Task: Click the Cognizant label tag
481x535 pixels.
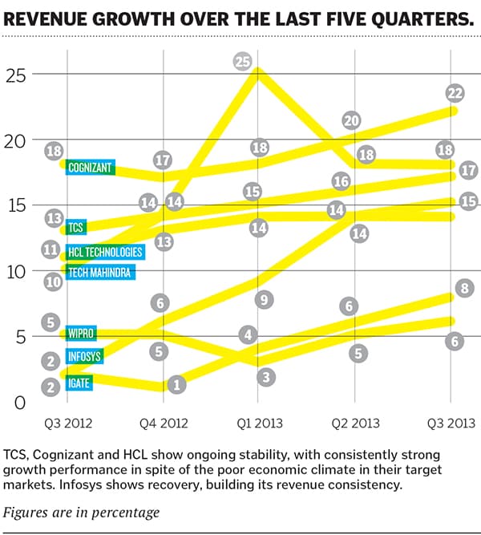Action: point(90,168)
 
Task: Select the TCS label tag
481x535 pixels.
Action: point(77,228)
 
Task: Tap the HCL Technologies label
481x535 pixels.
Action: point(105,252)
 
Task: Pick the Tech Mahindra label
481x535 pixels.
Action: point(100,273)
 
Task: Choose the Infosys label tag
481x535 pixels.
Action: point(87,357)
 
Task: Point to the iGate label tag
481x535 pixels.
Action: point(79,384)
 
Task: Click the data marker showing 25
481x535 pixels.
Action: point(243,61)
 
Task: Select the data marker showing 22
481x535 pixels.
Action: point(455,94)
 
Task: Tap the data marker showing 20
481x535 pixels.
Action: point(351,120)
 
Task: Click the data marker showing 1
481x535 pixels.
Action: point(177,384)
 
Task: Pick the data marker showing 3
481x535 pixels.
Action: point(267,376)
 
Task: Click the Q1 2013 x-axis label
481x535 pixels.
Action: point(257,423)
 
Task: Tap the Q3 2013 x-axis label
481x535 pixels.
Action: point(450,423)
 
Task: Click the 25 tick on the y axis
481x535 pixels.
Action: point(16,75)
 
